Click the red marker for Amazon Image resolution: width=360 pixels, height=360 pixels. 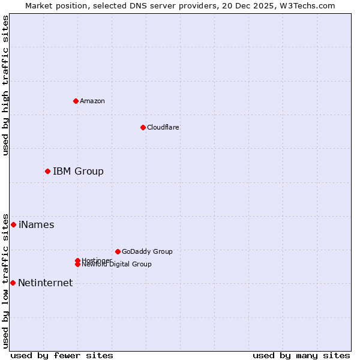point(76,101)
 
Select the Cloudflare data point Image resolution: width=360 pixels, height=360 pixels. point(143,127)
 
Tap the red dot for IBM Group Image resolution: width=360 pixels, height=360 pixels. point(47,172)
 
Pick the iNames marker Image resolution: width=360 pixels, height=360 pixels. point(13,225)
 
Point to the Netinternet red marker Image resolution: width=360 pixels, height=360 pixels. point(13,283)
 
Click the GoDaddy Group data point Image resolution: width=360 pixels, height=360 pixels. point(118,251)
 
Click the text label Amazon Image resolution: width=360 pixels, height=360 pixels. point(92,101)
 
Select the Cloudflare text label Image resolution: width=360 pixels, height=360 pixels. point(163,127)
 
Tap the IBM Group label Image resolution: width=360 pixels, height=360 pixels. point(78,172)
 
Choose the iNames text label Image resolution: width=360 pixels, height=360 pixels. point(36,225)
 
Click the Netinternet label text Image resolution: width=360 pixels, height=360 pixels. point(45,283)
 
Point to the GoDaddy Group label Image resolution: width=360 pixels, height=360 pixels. point(147,251)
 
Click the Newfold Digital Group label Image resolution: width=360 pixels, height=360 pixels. point(117,265)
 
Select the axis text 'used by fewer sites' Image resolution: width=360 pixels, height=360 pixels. point(62,355)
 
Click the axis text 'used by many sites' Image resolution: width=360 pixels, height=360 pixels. point(301,355)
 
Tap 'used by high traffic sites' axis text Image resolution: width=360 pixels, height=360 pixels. point(5,85)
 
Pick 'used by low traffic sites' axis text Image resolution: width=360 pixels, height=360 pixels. point(5,281)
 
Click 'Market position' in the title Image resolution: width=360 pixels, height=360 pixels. point(53,5)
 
